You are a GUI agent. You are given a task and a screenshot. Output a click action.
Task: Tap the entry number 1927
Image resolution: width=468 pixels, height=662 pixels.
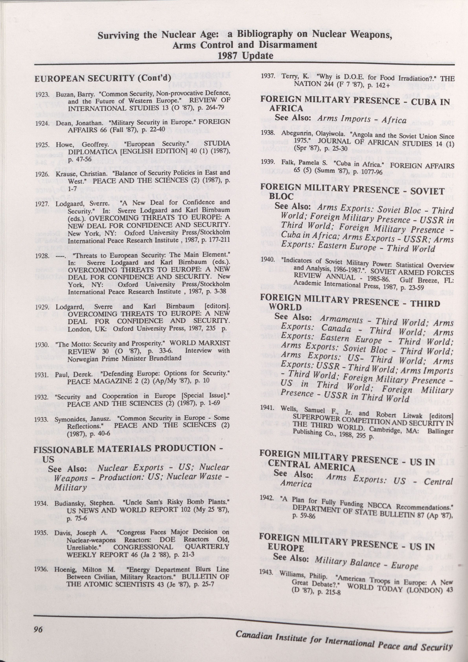(x=41, y=203)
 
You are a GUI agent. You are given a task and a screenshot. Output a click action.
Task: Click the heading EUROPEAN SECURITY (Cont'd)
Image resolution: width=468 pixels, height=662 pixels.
(x=103, y=78)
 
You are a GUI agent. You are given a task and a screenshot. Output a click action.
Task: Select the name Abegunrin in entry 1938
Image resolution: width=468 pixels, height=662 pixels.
(x=294, y=133)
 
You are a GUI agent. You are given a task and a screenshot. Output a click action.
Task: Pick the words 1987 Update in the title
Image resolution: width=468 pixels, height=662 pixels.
(x=245, y=55)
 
